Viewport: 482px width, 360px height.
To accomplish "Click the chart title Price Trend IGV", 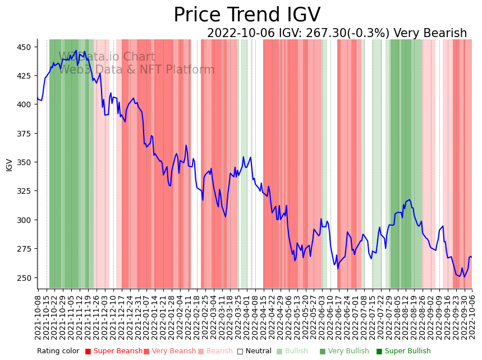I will (247, 15).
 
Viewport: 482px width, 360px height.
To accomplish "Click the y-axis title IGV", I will (9, 165).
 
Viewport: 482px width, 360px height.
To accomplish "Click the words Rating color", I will (58, 352).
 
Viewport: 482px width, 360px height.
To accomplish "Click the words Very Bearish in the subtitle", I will (430, 34).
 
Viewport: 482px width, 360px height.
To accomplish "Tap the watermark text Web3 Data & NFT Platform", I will (136, 70).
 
